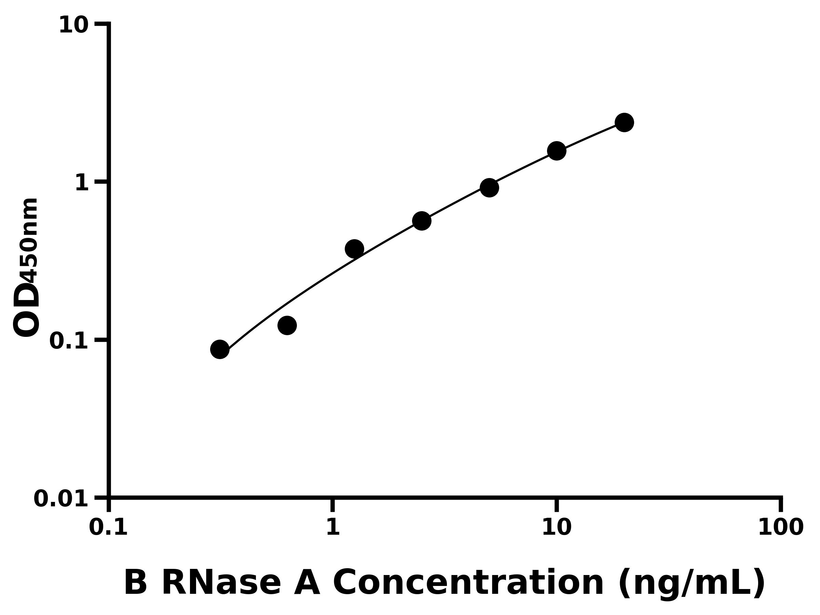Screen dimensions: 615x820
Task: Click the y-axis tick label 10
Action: coord(73,26)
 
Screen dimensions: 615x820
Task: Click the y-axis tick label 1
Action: coord(82,183)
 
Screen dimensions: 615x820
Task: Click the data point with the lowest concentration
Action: coord(220,349)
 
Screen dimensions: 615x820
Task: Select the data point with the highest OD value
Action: coord(624,122)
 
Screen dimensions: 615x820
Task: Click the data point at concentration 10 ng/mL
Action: coord(557,151)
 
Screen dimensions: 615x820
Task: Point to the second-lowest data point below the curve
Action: coord(287,326)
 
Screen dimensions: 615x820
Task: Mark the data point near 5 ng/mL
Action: coord(489,188)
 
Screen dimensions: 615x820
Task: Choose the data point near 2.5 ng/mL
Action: coord(422,221)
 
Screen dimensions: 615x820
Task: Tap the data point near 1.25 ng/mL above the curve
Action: coord(354,249)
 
